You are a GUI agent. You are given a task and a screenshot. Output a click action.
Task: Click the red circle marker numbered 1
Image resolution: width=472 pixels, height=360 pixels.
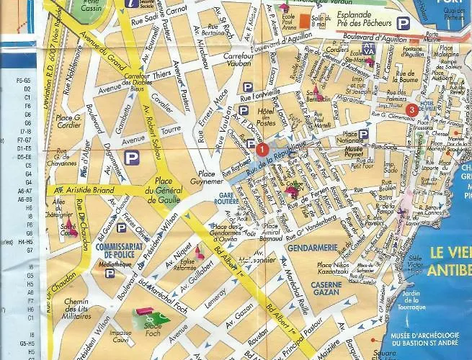262,149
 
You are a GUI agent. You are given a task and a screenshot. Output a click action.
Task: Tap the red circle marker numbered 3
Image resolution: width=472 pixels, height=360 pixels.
411,109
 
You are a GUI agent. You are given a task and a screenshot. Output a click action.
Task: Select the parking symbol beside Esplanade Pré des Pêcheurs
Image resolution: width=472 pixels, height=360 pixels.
404,24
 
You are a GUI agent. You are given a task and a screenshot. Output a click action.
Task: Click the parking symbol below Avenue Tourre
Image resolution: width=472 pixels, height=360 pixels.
131,157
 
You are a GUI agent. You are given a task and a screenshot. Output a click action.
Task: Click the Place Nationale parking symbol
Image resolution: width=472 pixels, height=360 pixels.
363,134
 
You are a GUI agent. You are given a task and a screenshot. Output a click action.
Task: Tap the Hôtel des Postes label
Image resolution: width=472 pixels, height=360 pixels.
266,117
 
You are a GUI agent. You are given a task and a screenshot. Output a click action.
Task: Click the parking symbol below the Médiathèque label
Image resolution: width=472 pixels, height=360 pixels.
110,274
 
